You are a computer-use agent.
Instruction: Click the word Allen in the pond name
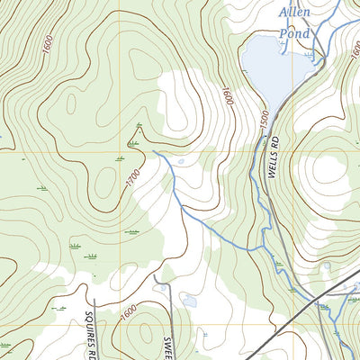(296, 13)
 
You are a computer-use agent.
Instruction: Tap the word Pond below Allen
(294, 33)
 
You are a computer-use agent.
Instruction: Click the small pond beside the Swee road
(188, 299)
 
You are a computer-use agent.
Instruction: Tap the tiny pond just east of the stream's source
(182, 162)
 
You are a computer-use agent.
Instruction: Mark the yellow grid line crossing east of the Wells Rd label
(297, 149)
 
